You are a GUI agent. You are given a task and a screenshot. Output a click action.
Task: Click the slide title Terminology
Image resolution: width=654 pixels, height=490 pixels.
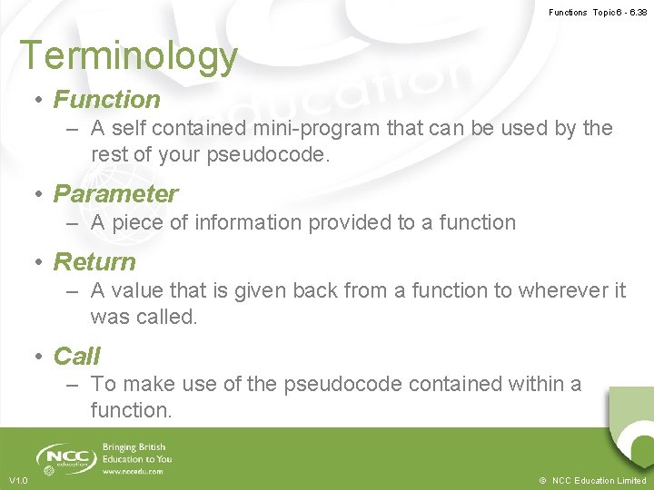[x=128, y=56]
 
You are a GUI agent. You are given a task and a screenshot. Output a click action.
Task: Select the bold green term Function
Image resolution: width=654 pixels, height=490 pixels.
[x=106, y=100]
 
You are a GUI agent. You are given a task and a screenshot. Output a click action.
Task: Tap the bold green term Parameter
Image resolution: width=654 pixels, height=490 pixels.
[x=115, y=194]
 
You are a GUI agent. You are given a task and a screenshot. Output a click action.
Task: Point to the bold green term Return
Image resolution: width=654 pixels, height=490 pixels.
[x=94, y=262]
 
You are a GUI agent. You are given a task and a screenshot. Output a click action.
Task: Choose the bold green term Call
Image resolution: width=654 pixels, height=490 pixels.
[x=77, y=357]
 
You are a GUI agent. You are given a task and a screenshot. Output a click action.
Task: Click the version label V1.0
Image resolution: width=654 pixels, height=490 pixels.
[x=19, y=480]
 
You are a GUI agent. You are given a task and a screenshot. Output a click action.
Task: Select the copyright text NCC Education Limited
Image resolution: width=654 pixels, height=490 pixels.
[x=599, y=480]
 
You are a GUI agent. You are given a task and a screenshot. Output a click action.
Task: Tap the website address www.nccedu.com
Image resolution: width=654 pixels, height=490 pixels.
[x=134, y=472]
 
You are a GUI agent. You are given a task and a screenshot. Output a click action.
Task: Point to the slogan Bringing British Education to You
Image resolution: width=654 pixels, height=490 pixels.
[x=137, y=453]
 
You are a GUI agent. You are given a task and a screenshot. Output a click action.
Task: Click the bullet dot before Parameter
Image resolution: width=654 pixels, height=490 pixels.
[x=40, y=195]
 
